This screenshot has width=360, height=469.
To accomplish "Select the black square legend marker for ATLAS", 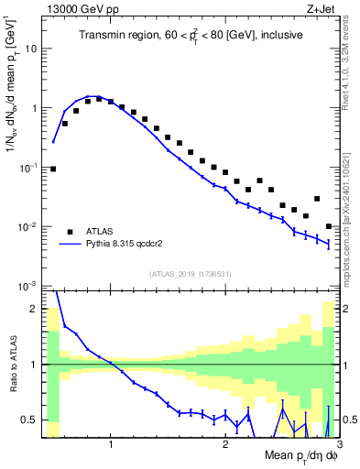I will (70, 232).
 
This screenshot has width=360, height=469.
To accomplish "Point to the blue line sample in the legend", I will (70, 245).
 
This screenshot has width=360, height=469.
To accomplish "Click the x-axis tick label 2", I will (225, 444).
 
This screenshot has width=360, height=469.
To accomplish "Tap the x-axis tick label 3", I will (339, 444).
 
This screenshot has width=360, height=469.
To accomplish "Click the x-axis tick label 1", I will (111, 444).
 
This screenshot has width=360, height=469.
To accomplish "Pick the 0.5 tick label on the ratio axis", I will (30, 420).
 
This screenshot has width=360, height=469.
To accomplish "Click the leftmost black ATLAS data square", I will (53, 169).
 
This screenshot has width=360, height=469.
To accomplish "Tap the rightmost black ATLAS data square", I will (329, 226).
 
